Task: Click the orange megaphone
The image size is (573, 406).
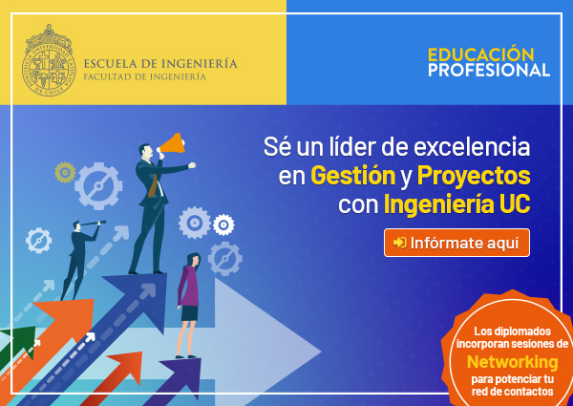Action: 172,143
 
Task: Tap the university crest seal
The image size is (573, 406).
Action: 49,60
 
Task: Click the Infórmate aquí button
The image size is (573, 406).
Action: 456,243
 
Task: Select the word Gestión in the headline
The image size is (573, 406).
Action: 353,176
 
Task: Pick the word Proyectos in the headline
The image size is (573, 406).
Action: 474,177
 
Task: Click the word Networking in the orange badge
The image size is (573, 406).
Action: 512,362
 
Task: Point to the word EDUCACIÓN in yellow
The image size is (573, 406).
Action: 481,54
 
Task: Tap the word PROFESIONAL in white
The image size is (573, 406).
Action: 489,70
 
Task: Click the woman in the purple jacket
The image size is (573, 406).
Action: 188,305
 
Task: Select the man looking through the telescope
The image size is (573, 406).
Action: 78,260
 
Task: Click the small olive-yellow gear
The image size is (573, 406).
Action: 65,172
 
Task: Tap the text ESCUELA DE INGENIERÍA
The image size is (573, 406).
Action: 160,64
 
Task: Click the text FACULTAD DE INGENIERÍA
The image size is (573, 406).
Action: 145,77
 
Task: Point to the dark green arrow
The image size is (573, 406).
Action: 16,345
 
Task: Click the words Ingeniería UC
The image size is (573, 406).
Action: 456,205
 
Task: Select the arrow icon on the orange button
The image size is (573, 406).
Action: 399,243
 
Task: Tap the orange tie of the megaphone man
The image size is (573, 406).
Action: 153,185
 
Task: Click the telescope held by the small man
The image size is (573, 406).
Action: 94,223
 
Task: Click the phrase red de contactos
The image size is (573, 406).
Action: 512,392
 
